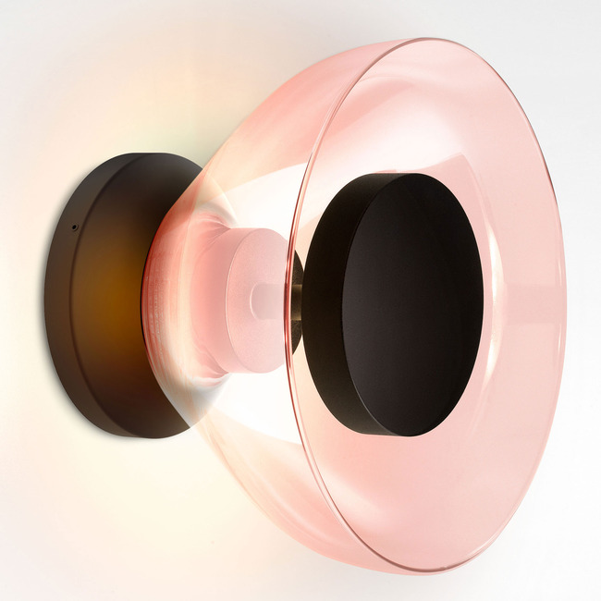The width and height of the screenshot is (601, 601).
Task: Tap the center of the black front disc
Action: (x=411, y=305)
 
